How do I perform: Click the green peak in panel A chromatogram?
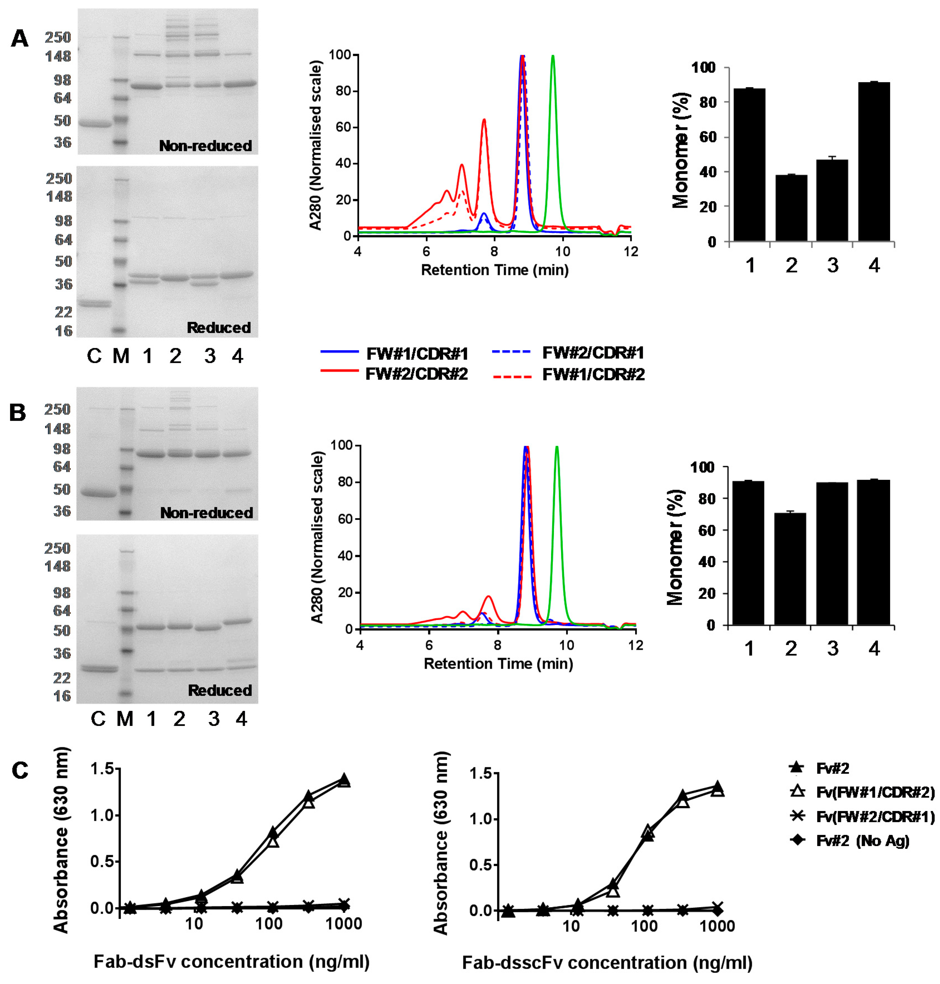[553, 58]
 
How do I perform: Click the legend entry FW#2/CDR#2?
[416, 374]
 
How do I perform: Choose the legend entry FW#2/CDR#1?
[593, 353]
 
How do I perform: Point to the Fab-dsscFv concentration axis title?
[607, 963]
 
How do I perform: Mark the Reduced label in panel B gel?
[220, 691]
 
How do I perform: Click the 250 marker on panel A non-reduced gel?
[58, 37]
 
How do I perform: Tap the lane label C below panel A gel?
[94, 356]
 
